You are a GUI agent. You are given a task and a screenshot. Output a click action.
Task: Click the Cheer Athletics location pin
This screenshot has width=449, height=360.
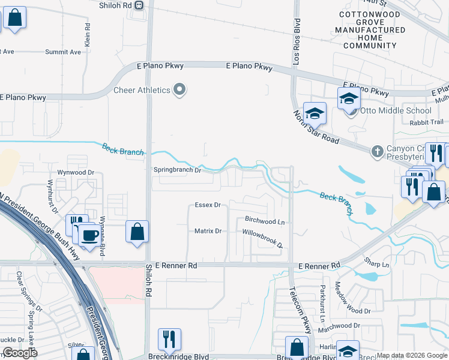click(x=179, y=90)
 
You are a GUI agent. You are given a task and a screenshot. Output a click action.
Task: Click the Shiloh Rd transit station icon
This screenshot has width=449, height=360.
click(x=139, y=5)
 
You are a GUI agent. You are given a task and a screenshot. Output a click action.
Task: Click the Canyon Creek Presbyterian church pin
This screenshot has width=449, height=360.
click(x=377, y=149)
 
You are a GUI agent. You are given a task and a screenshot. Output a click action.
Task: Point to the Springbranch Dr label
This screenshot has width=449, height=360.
click(x=176, y=170)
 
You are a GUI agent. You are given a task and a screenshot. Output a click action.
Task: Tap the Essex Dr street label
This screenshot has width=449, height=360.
click(x=208, y=205)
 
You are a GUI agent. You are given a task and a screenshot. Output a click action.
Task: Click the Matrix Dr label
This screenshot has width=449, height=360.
click(x=208, y=231)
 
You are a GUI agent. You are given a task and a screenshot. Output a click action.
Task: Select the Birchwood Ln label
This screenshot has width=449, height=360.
click(x=265, y=221)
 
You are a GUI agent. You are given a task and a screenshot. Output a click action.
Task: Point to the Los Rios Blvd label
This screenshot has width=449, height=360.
click(x=296, y=33)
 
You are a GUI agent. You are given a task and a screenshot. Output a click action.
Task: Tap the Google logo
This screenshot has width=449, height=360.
click(x=19, y=353)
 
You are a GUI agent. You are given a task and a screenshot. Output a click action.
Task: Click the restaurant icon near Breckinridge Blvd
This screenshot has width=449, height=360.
click(x=169, y=339)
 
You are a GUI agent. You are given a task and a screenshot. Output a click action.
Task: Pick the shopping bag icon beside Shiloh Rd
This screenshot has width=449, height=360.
click(x=137, y=231)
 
